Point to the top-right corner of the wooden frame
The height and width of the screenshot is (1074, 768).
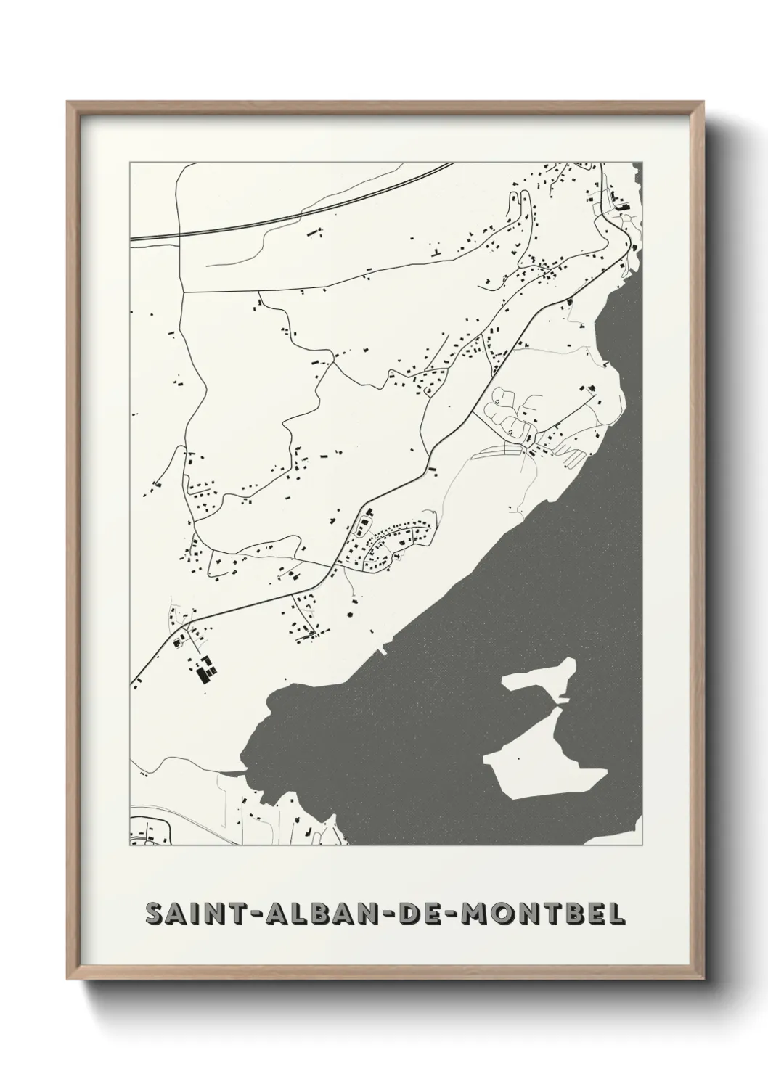click(x=700, y=103)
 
